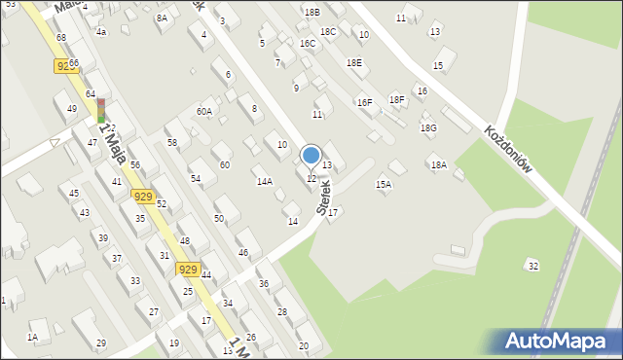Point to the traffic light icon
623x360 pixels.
[x=100, y=110]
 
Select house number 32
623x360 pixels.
[x=531, y=266]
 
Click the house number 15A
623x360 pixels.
[x=384, y=184]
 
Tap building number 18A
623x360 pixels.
[x=439, y=165]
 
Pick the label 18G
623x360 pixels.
[x=428, y=128]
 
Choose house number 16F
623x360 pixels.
[x=364, y=102]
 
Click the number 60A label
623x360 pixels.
[x=203, y=112]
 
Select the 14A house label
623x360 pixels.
[x=264, y=182]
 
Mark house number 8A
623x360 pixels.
[x=162, y=18]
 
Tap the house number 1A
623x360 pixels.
[x=32, y=337]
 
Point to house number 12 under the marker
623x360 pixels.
[x=311, y=178]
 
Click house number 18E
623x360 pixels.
[x=353, y=62]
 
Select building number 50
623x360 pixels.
[x=219, y=219]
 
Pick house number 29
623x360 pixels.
[x=101, y=343]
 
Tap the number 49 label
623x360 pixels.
[x=71, y=109]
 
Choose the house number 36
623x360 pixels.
[x=263, y=284]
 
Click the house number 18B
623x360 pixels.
[x=311, y=12]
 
